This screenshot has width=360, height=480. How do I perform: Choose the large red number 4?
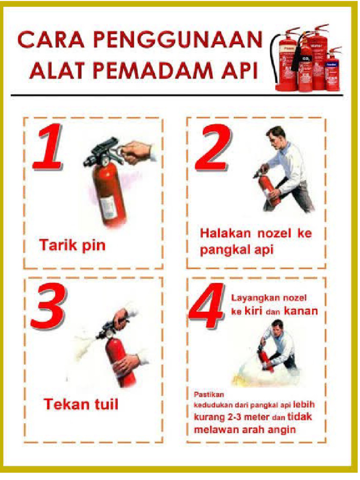207,307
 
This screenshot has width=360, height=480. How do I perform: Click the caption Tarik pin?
72,245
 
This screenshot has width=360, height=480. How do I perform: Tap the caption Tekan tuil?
81,404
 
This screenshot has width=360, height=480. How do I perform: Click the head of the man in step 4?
278,327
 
